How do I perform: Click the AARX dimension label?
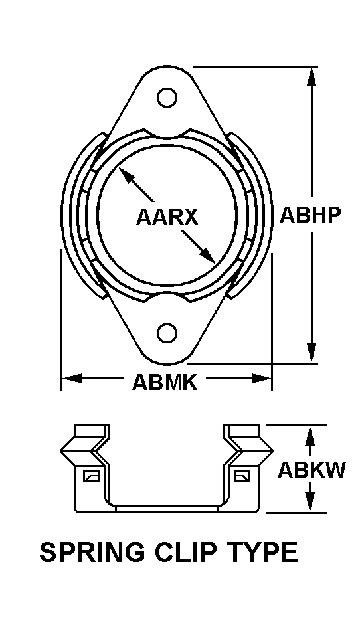(x=167, y=217)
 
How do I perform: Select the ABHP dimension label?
(x=311, y=214)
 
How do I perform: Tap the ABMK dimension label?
(x=165, y=382)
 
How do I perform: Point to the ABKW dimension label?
(x=312, y=470)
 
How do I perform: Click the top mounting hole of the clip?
(x=167, y=97)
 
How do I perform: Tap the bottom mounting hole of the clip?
(x=167, y=332)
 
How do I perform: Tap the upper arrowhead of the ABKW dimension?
(x=310, y=434)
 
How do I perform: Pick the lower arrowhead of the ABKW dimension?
(x=310, y=503)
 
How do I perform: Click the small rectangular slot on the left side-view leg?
(x=90, y=476)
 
